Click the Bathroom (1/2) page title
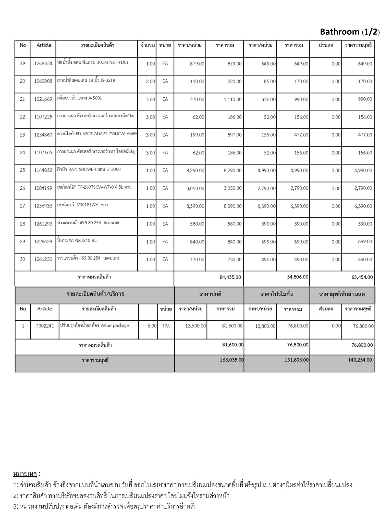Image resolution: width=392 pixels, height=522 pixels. (350, 32)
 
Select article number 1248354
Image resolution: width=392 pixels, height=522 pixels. (43, 63)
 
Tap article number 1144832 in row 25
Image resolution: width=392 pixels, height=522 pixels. (43, 170)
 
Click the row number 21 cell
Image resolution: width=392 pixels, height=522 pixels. (22, 99)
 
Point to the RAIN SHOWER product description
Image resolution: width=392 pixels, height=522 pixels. (89, 169)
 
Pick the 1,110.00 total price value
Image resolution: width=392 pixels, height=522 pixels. (232, 99)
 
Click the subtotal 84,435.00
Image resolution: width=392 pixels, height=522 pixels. (230, 277)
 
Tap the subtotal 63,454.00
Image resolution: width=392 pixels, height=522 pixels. (362, 277)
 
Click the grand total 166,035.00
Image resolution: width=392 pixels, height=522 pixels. (232, 360)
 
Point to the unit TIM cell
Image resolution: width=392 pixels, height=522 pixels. (166, 326)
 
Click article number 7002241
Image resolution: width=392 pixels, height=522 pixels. (45, 326)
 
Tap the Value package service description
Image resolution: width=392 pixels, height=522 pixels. (94, 325)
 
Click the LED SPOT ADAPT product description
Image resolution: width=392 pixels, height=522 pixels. (97, 134)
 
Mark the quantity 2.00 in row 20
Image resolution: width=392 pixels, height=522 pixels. (150, 82)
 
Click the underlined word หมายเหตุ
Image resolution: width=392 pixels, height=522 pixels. (25, 474)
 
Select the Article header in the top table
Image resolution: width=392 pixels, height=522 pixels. (44, 45)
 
